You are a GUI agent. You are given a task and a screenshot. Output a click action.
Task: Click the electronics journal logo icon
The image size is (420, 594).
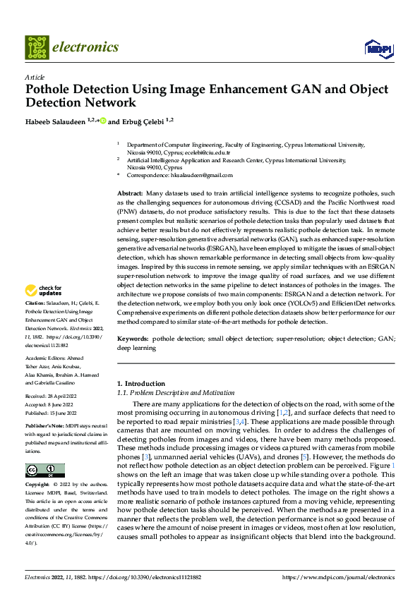coord(37,47)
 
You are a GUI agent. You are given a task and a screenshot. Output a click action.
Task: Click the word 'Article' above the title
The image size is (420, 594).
coord(35,78)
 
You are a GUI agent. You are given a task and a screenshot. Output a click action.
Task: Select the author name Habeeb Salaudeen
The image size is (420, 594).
coord(54,121)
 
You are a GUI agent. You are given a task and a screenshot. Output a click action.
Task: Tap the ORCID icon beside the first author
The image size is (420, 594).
coord(102,121)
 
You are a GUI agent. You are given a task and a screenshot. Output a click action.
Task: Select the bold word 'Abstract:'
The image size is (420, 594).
coord(130,193)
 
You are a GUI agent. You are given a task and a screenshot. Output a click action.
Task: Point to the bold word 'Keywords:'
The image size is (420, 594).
coord(133,339)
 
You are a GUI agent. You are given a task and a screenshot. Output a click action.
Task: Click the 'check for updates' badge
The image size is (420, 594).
coord(44,291)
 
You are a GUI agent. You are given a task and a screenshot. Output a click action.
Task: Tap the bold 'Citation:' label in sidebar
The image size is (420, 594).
coord(37,303)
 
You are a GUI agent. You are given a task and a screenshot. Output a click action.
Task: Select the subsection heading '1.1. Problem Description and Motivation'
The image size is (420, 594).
coord(175,392)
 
